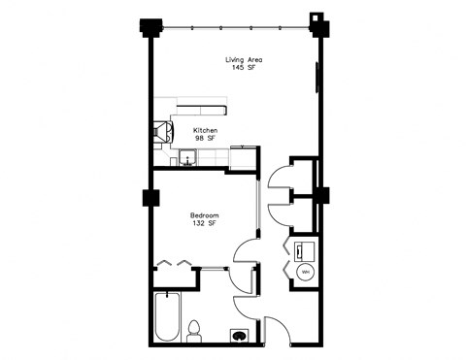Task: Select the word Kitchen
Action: [205, 130]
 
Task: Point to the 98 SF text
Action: [205, 138]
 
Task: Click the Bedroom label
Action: [204, 214]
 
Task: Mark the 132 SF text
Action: [204, 223]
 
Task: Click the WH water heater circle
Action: [304, 273]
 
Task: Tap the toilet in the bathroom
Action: [193, 330]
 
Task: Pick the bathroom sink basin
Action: [239, 336]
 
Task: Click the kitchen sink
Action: [187, 159]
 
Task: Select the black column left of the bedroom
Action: [150, 198]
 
